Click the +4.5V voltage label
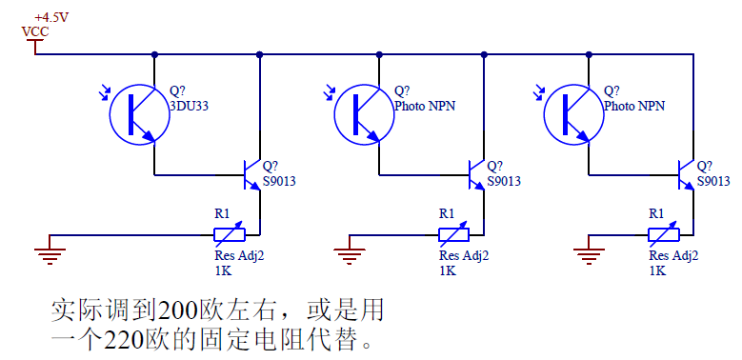point(51,17)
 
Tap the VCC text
point(35,31)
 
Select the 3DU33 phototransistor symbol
point(138,112)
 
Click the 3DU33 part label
point(189,107)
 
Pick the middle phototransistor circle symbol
point(363,112)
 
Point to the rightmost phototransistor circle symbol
point(572,112)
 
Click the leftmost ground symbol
point(50,253)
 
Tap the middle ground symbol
point(350,253)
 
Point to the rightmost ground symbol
point(591,253)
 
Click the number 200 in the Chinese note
point(178,310)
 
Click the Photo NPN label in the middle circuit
point(425,107)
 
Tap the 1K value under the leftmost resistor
point(223,270)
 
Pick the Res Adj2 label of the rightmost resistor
point(673,255)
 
